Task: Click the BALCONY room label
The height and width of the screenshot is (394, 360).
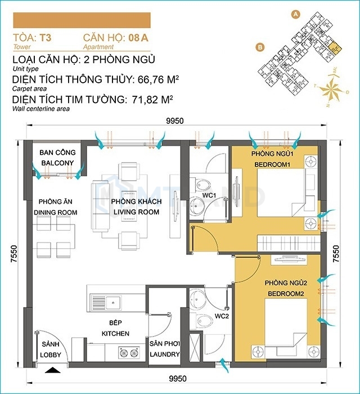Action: (x=57, y=163)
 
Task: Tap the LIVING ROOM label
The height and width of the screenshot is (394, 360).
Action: (x=136, y=212)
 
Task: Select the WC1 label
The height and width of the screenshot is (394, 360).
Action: (x=209, y=195)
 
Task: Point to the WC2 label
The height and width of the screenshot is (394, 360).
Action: (x=222, y=316)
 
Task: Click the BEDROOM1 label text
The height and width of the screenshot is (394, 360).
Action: (x=272, y=164)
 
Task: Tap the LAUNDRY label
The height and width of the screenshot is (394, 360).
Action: (x=165, y=354)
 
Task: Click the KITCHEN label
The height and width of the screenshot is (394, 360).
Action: (x=115, y=333)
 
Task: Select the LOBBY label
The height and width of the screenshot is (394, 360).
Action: (x=51, y=355)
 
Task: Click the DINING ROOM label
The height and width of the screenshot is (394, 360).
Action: (x=56, y=212)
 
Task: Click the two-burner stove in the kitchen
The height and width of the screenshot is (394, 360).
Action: (x=129, y=352)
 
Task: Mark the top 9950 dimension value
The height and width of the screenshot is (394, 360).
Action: (x=175, y=121)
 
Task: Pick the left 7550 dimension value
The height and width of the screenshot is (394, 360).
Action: (x=14, y=254)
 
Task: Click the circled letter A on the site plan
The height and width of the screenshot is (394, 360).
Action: (x=296, y=14)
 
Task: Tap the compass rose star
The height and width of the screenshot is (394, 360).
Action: (x=330, y=89)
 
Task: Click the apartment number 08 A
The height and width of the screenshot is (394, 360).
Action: (x=138, y=38)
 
